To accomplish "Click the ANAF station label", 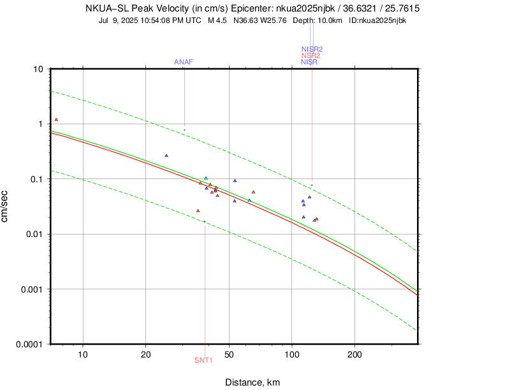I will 184,62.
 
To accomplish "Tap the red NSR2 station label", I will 311,55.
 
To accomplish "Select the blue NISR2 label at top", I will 312,49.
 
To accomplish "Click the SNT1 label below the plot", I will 203,360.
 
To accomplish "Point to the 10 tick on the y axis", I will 38,69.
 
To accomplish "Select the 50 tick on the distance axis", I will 229,354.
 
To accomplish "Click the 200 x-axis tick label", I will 355,354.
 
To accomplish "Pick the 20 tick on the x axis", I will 145,354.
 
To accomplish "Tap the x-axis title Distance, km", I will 252,382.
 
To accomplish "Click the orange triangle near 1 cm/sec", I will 56,119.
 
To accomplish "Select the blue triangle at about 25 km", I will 166,155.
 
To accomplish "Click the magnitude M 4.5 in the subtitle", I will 219,20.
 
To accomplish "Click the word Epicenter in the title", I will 278,9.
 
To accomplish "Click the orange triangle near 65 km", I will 253,192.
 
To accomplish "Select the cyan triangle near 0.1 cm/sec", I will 206,178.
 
